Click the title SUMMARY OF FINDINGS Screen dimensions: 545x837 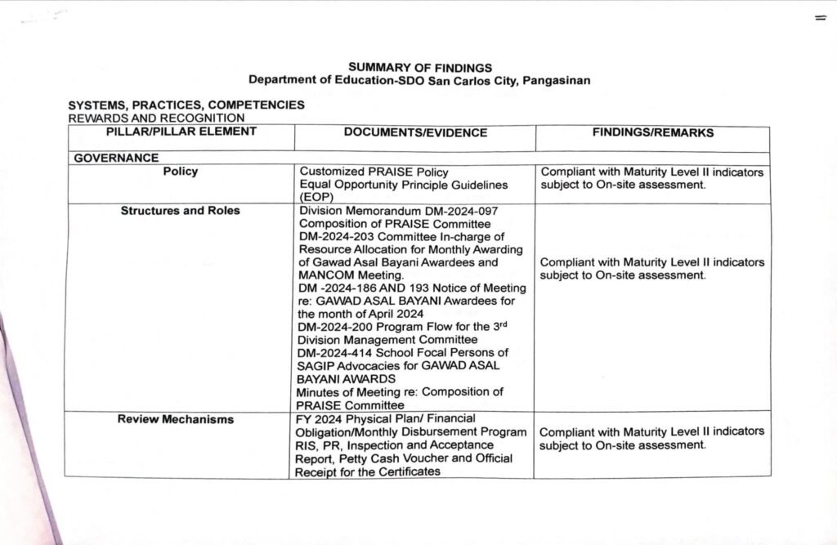tap(420, 67)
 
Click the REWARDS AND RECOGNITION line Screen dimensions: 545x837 tap(156, 118)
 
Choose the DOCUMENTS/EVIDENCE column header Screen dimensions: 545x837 tap(415, 133)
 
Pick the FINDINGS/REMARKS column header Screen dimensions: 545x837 tap(652, 133)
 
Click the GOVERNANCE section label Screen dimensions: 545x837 tap(116, 159)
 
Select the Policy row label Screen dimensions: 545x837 tap(180, 172)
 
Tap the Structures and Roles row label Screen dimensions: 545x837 tap(180, 211)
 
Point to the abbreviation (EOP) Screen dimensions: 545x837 tap(314, 197)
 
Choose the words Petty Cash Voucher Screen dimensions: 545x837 tap(388, 458)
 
